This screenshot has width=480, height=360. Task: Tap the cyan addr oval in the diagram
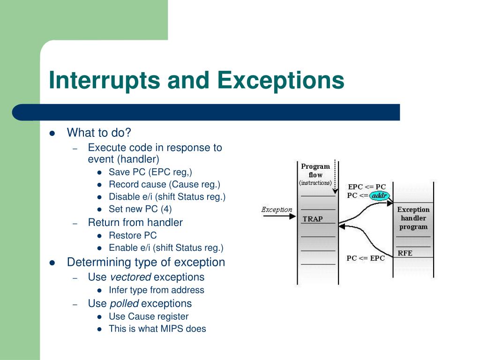[x=379, y=195]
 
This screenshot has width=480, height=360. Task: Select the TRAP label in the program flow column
[x=313, y=219]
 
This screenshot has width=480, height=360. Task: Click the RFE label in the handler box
[x=405, y=253]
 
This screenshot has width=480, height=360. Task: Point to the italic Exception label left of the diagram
[x=277, y=210]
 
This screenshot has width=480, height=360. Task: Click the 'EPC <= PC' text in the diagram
[x=367, y=187]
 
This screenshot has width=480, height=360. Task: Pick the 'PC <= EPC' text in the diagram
[x=365, y=258]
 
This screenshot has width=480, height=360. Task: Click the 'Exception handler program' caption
[x=413, y=218]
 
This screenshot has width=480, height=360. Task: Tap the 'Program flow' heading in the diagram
[x=315, y=171]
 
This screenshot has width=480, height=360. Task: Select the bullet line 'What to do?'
[x=99, y=133]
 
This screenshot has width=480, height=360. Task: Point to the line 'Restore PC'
[x=133, y=235]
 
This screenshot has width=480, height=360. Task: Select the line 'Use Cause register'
[x=149, y=316]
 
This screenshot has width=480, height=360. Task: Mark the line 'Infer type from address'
[x=157, y=290]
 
